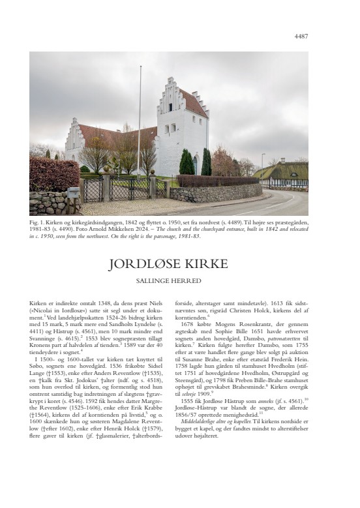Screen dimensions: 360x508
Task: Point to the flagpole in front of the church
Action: click(139, 117)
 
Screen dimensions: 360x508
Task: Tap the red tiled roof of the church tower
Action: click(195, 103)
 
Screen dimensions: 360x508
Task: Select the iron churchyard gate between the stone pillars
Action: click(128, 190)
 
